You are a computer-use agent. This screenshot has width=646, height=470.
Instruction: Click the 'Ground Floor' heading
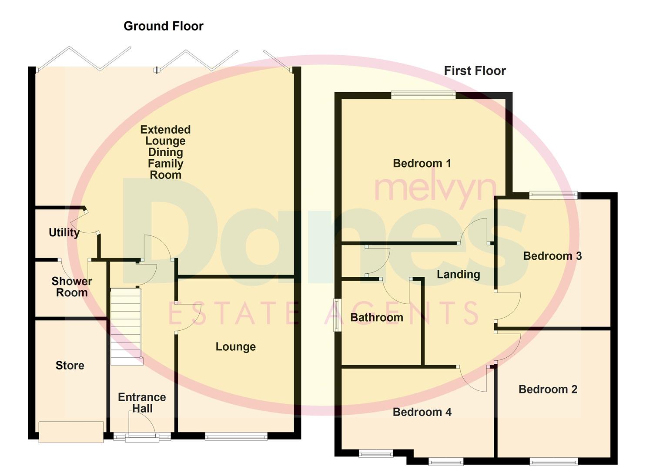(164, 26)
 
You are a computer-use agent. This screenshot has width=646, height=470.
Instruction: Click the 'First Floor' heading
(475, 71)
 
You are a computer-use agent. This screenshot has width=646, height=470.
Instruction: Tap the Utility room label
(64, 232)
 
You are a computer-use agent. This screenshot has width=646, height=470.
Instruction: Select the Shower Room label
(72, 287)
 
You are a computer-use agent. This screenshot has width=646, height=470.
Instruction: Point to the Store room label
(70, 366)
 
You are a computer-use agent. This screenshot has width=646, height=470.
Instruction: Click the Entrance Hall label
(142, 403)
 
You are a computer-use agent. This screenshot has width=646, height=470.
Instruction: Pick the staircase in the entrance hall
(126, 326)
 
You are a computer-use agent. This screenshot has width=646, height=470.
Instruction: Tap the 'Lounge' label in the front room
(236, 347)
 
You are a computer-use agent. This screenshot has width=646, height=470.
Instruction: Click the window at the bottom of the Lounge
(236, 436)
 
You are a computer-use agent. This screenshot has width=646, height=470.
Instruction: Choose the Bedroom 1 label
(422, 164)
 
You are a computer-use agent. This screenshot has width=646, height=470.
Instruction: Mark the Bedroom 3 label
(552, 256)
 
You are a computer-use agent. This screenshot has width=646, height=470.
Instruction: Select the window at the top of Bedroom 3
(553, 195)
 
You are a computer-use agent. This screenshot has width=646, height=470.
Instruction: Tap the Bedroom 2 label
(548, 389)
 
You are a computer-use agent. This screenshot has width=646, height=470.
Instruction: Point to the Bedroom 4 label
(422, 412)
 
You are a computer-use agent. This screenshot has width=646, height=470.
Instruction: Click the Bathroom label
(377, 318)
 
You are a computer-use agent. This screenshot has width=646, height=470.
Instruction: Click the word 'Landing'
(459, 275)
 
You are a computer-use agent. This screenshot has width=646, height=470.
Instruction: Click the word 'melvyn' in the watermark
(435, 189)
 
